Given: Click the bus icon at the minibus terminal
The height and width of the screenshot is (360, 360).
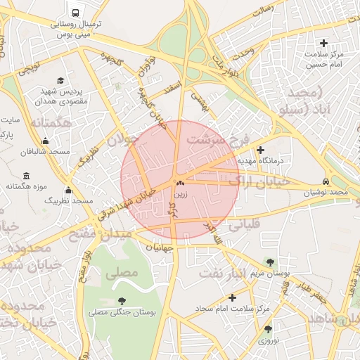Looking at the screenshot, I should tap(75, 13).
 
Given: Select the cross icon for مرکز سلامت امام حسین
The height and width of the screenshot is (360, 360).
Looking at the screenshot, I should tap(324, 44).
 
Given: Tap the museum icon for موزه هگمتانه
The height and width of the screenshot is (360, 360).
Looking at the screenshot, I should tap(27, 175).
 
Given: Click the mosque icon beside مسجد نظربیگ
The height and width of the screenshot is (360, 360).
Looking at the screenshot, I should tap(68, 190).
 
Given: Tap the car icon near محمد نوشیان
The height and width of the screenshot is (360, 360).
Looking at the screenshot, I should tap(327, 180).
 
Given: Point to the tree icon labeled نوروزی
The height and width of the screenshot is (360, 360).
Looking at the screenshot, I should tap(268, 328).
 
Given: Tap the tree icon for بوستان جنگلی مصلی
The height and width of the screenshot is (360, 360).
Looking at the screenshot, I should tap(123, 301).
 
